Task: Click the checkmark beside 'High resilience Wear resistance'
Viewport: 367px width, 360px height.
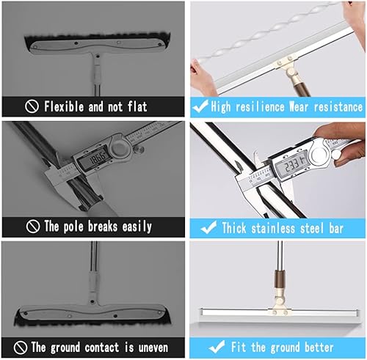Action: click(x=199, y=106)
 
